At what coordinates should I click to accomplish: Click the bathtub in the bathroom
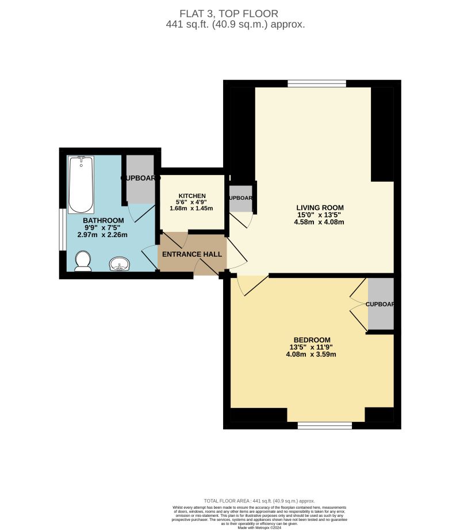[81, 185]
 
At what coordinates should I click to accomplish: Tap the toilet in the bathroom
[83, 261]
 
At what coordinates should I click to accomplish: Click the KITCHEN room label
[191, 195]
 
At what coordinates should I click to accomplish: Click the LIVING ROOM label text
[320, 208]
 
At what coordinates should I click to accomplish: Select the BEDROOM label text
[310, 339]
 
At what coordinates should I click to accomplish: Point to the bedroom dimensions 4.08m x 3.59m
[310, 354]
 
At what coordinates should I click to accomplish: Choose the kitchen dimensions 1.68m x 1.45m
[191, 208]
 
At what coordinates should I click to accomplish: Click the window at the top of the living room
[317, 83]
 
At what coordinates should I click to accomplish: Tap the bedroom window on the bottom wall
[325, 425]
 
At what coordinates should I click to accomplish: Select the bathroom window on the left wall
[62, 230]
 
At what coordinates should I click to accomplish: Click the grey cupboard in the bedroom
[381, 304]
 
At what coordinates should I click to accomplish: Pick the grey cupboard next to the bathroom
[140, 178]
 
